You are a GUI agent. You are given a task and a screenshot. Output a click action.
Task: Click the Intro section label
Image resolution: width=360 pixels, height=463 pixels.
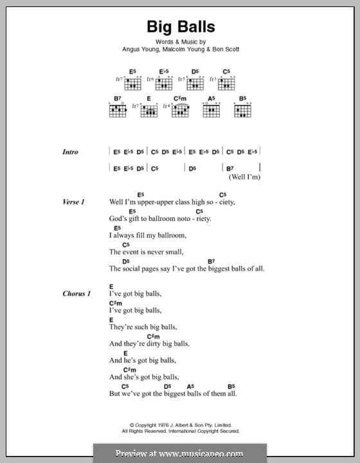tap(70, 152)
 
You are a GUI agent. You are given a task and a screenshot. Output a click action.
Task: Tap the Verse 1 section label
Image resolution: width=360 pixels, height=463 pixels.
tap(73, 202)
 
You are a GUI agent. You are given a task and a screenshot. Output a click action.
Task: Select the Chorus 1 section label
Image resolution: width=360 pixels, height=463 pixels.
tap(76, 294)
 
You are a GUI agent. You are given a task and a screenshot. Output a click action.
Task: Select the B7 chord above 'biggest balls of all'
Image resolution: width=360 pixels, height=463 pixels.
tap(211, 261)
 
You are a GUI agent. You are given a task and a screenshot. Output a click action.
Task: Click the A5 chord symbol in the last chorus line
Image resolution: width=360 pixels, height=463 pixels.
tap(190, 386)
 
